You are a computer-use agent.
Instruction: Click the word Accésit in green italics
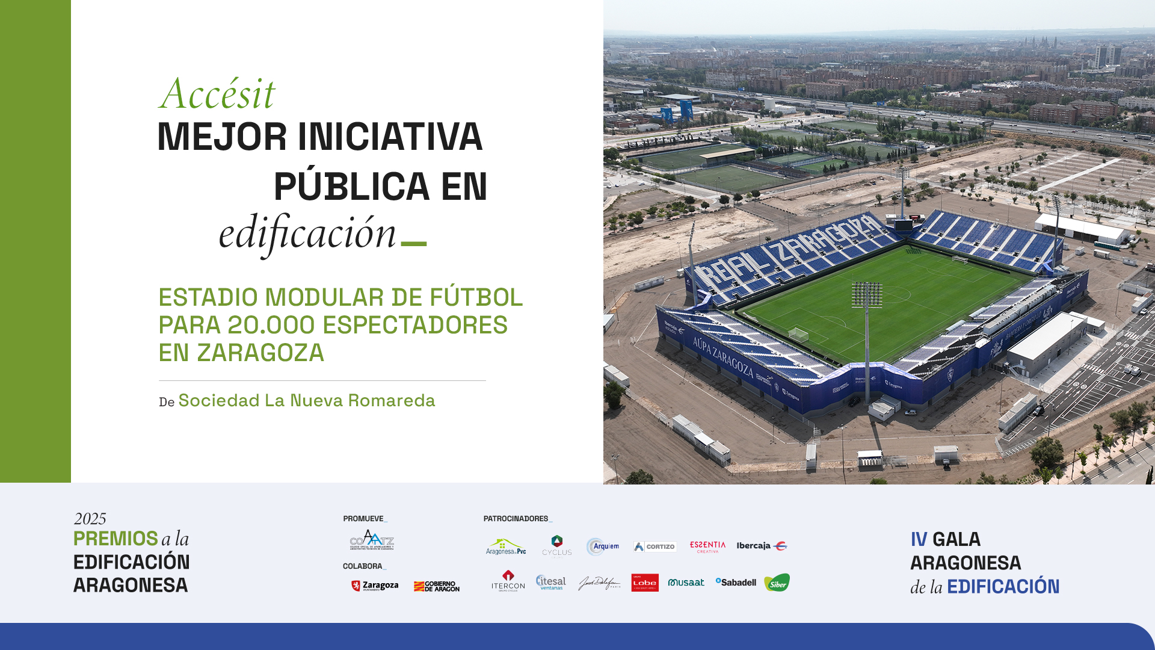[217, 94]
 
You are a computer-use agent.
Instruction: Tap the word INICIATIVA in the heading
[390, 137]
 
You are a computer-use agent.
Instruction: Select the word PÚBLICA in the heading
[351, 187]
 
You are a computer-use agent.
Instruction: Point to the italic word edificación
[307, 234]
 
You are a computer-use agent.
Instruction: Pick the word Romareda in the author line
[392, 401]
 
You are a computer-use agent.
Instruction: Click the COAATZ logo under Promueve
[372, 540]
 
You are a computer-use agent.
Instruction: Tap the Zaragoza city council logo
[375, 586]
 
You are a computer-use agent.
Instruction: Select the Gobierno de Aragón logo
[437, 586]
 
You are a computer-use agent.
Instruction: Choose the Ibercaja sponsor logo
[762, 546]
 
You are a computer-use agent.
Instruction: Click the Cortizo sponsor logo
[654, 546]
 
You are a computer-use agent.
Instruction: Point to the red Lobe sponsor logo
[645, 583]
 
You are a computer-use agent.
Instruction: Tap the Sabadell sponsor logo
[736, 582]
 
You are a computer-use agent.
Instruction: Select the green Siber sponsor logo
[777, 583]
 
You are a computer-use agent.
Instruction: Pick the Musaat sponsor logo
[686, 583]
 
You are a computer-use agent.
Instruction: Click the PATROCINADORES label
[516, 519]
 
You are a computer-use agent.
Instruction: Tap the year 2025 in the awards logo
[90, 519]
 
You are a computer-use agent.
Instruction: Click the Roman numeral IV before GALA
[919, 539]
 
